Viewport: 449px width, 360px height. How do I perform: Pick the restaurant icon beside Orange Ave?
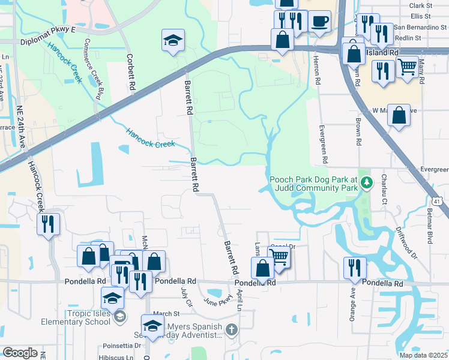click(x=355, y=267)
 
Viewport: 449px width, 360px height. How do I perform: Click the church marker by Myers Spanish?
click(x=232, y=329)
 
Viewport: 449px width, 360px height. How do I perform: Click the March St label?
click(x=166, y=313)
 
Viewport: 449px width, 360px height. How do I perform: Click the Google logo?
click(x=20, y=352)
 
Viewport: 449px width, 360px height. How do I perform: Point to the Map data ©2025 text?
click(x=423, y=355)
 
